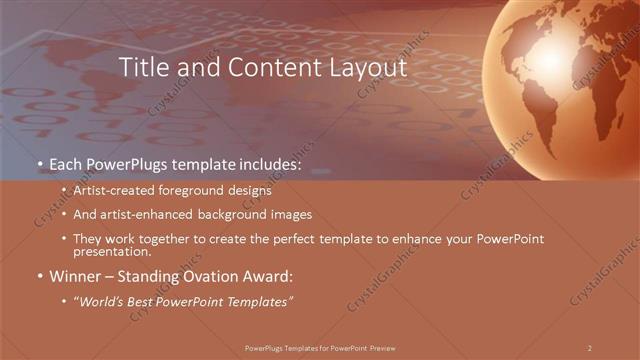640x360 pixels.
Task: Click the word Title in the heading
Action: pyautogui.click(x=143, y=68)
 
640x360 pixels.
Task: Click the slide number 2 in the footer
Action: pyautogui.click(x=590, y=347)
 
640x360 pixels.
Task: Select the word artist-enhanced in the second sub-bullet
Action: pyautogui.click(x=137, y=214)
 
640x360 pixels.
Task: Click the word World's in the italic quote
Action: pyautogui.click(x=103, y=301)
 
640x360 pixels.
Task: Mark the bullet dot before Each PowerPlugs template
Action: pyautogui.click(x=39, y=163)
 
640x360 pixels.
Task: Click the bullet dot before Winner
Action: pyautogui.click(x=39, y=276)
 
